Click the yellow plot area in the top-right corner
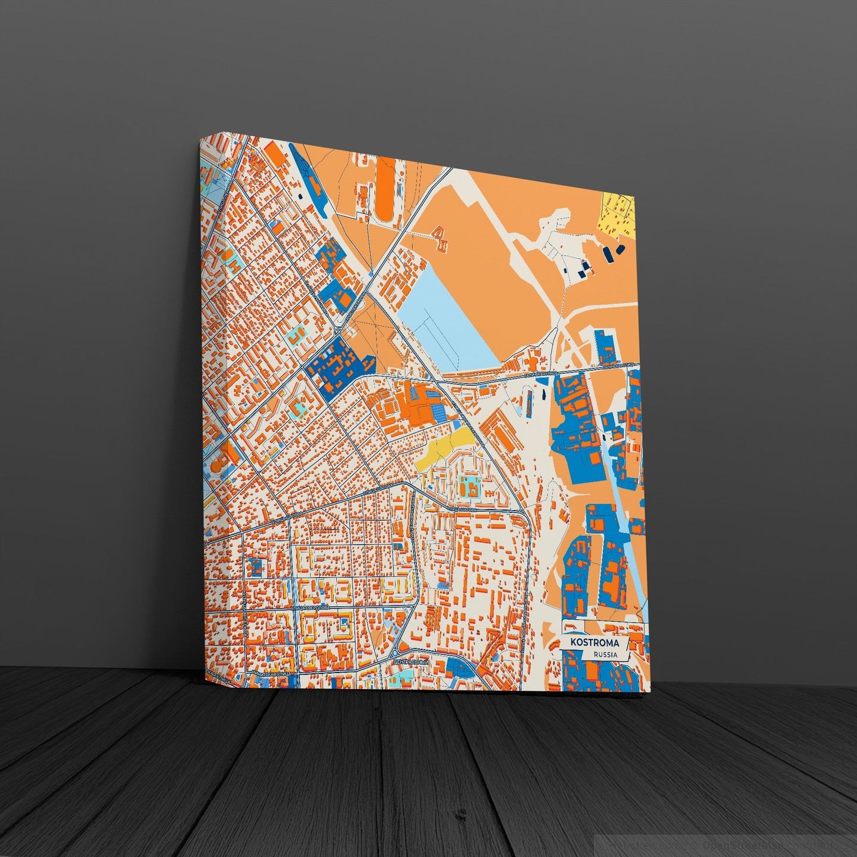pyautogui.click(x=619, y=213)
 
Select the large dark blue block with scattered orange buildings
pyautogui.click(x=333, y=364)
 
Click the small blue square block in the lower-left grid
pyautogui.click(x=254, y=566)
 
